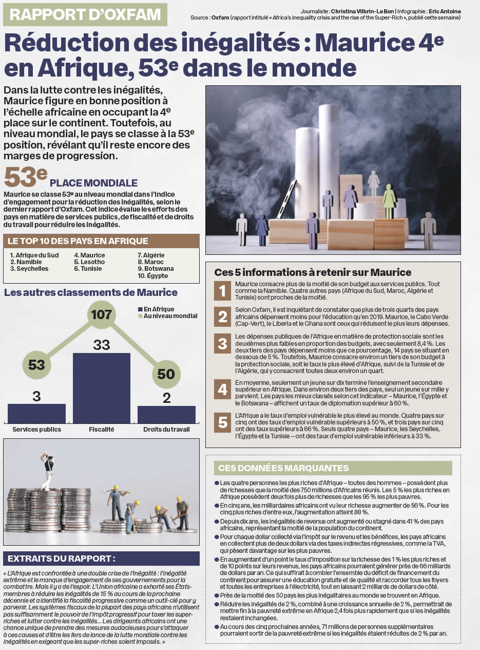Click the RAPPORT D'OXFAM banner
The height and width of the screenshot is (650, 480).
coord(85,14)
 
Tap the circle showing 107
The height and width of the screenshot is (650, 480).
coord(102,314)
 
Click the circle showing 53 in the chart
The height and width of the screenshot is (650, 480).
coord(37,365)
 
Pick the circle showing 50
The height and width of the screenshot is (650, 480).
coord(166,374)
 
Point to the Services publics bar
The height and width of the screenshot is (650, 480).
coord(36,413)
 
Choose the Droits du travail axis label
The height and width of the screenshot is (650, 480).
coord(166,429)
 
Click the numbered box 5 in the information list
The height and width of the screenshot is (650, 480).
coord(223,422)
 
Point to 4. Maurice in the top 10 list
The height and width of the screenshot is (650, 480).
coord(89,255)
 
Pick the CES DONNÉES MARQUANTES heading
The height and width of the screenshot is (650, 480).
coord(283,468)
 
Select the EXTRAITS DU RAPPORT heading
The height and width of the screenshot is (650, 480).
coord(62,559)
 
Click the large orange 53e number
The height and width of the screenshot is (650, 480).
coord(26,178)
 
